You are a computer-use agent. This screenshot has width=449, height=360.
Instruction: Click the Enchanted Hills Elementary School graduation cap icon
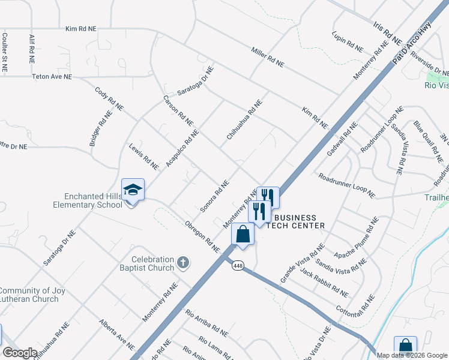pyautogui.click(x=133, y=190)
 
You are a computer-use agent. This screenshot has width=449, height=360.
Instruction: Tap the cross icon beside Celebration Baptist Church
pyautogui.click(x=184, y=262)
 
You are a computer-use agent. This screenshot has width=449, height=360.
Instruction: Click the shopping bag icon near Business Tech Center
pyautogui.click(x=243, y=234)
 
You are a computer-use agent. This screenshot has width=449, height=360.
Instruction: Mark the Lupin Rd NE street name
pyautogui.click(x=348, y=41)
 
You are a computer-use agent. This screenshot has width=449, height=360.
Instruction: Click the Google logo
pyautogui.click(x=20, y=353)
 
